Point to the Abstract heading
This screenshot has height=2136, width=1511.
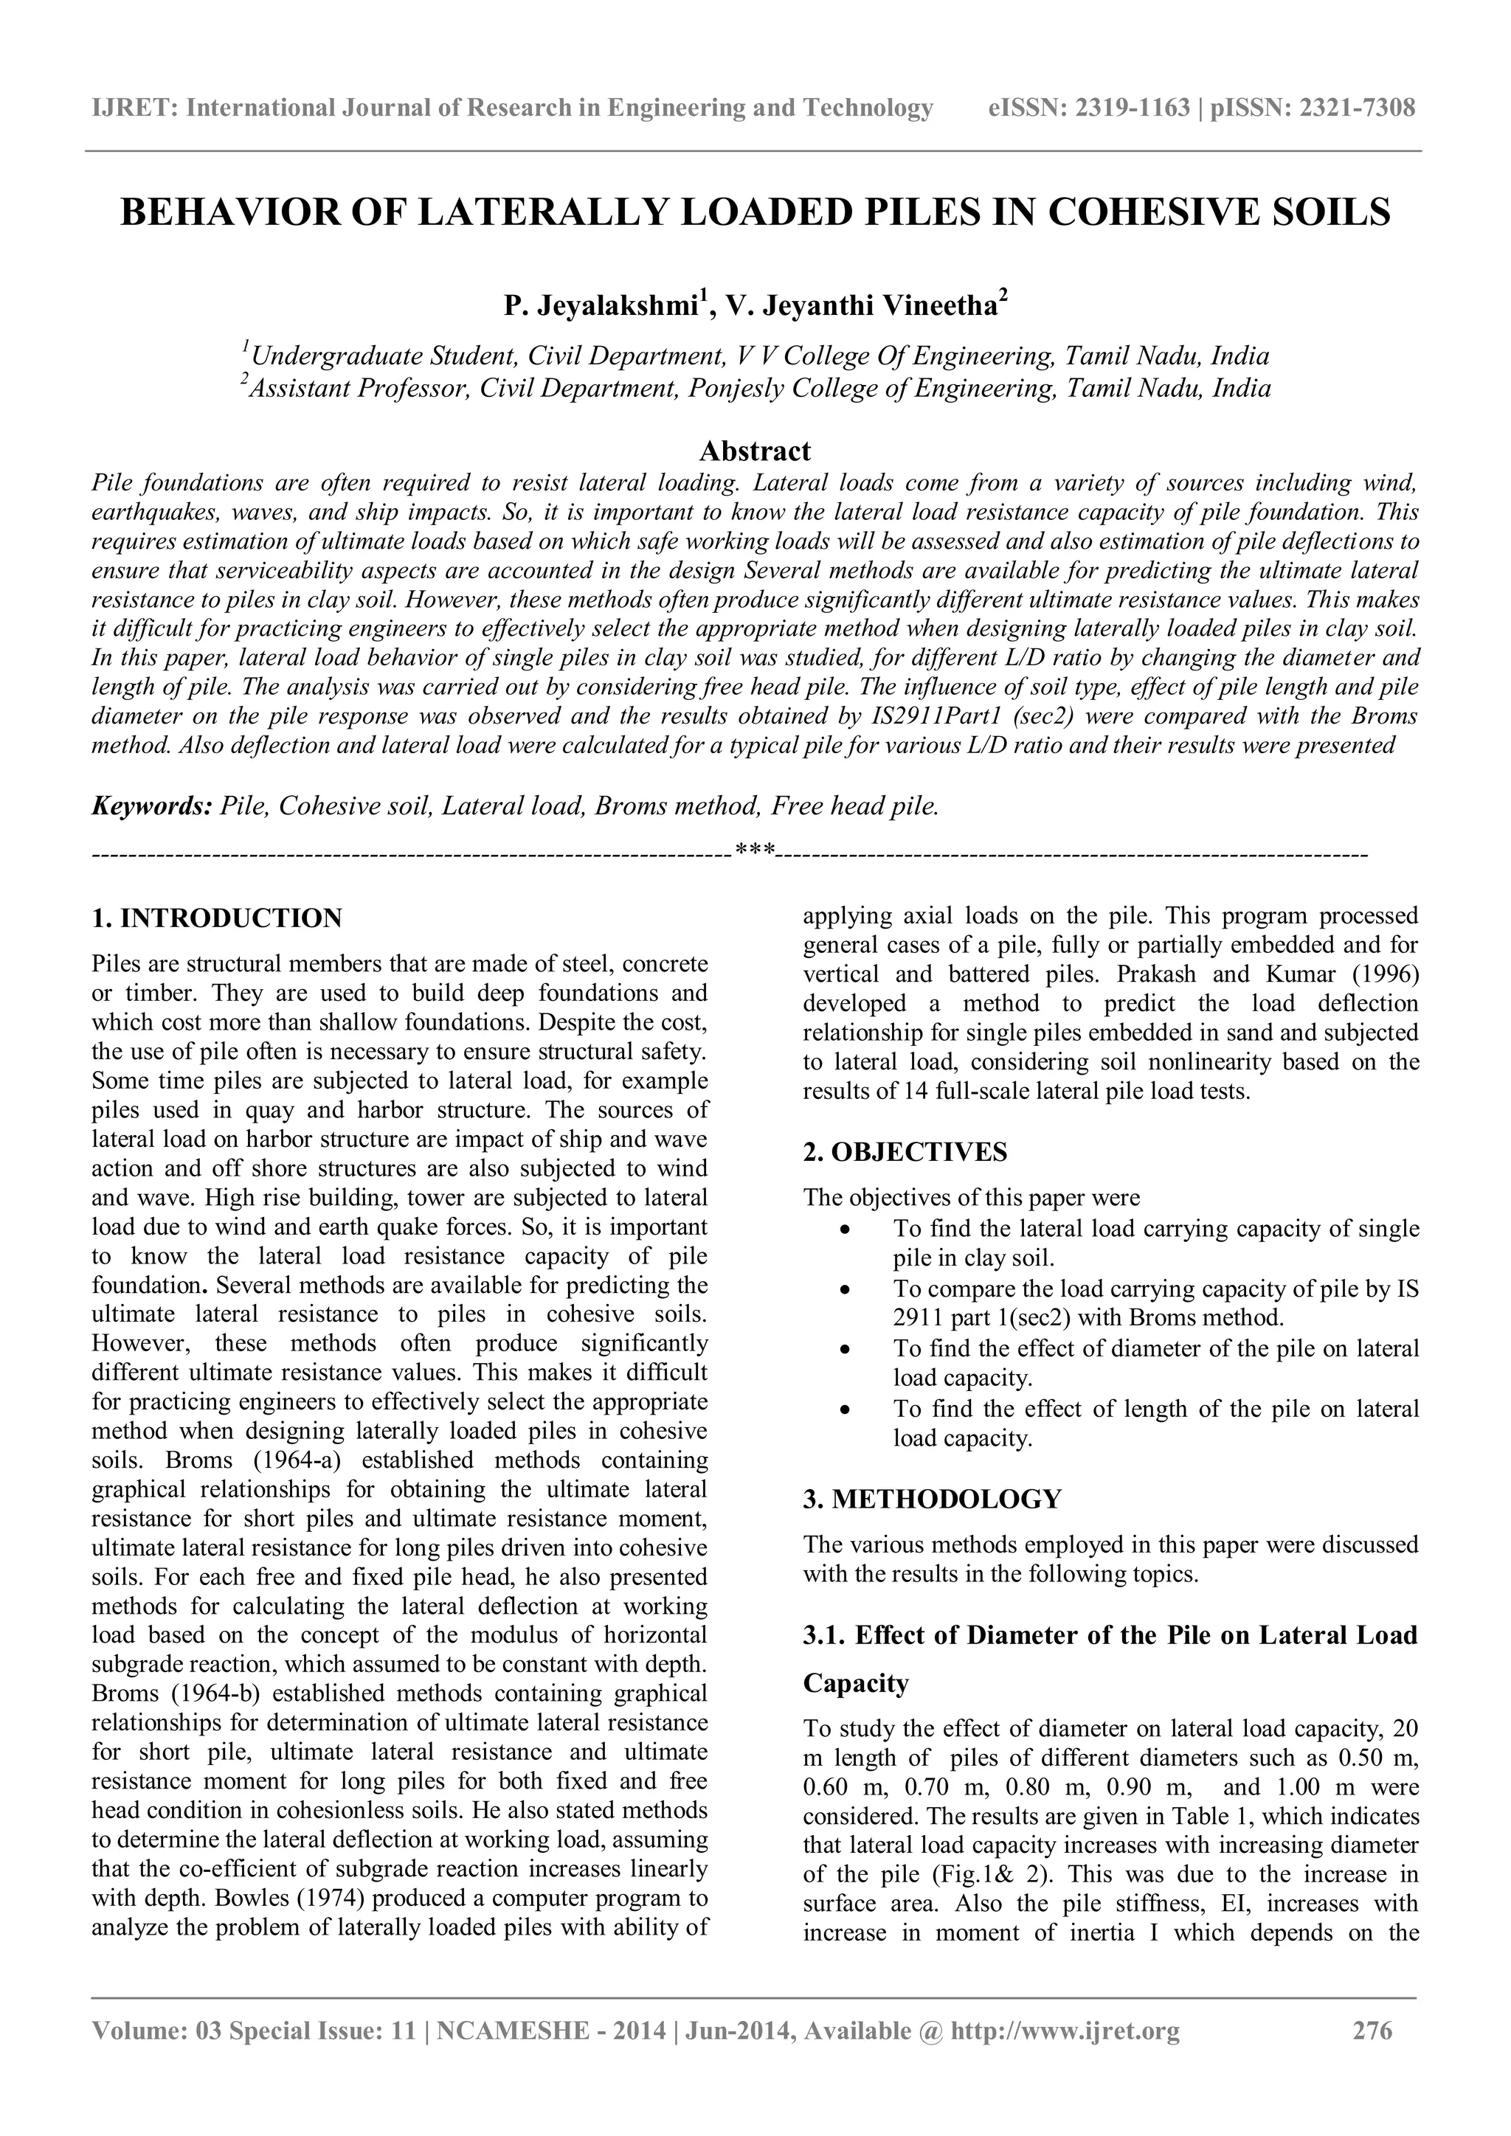coord(755,451)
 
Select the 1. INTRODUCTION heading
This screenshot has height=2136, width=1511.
coord(217,918)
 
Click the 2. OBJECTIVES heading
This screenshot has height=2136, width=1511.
coord(905,1153)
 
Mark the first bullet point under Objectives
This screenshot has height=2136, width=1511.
coord(845,1230)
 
